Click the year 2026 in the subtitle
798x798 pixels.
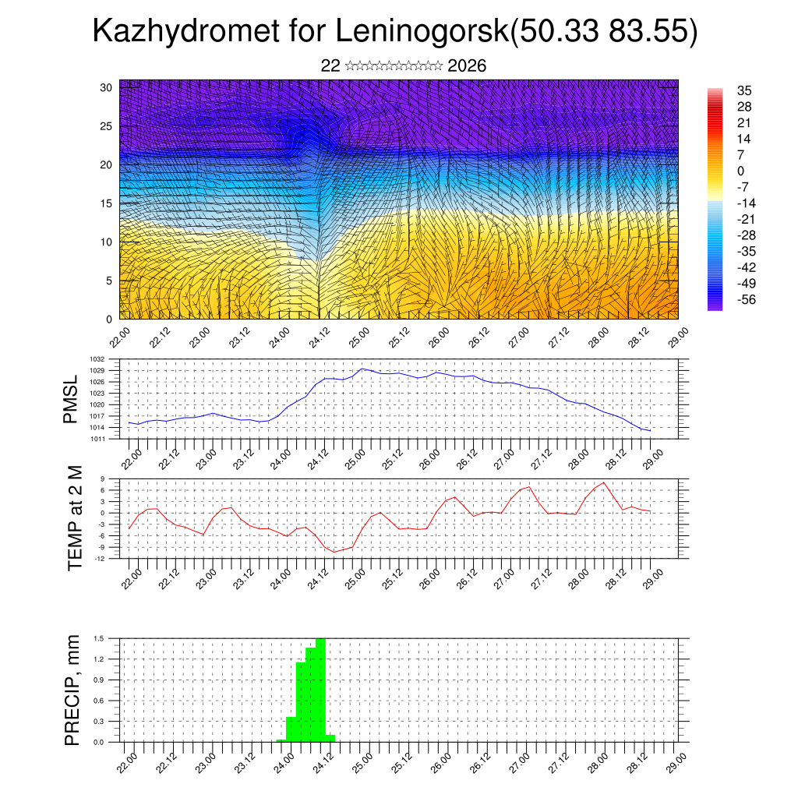(x=467, y=66)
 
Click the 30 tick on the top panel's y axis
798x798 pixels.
(x=107, y=87)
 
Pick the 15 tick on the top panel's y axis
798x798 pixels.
(x=107, y=203)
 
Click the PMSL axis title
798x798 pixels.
(x=72, y=399)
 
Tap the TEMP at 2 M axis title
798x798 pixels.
(x=75, y=518)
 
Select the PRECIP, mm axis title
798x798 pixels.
(x=72, y=690)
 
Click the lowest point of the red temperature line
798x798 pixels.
(x=335, y=552)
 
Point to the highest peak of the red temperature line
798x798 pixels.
(x=604, y=483)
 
